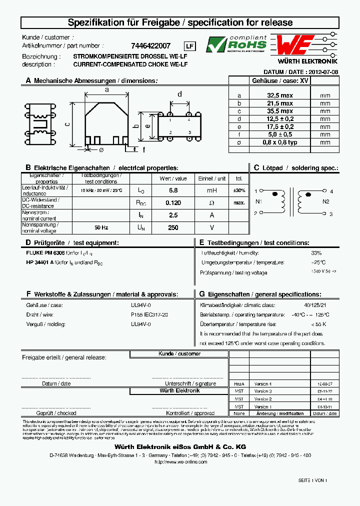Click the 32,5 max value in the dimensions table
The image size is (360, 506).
pos(279,95)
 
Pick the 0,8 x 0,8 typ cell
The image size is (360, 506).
pos(279,142)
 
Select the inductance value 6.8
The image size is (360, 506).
pos(173,190)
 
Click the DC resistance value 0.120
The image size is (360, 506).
pos(173,202)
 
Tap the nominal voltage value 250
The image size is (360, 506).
pos(173,227)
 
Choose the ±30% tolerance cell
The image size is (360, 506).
pos(239,190)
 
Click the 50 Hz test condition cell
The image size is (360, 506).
pos(101,227)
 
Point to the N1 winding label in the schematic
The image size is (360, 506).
pos(258,202)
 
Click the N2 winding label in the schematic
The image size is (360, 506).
pos(326,202)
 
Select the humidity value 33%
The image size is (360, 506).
pos(316,253)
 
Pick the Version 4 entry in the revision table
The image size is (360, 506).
pos(262,383)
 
